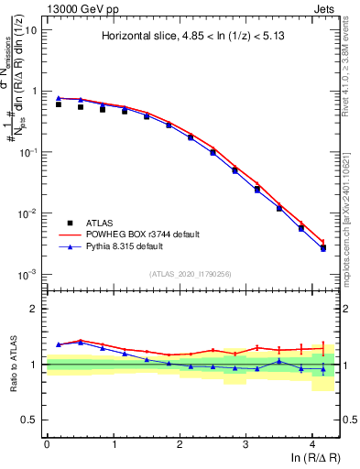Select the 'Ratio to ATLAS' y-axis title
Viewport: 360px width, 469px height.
[x=13, y=364]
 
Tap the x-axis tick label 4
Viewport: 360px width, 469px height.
[x=312, y=443]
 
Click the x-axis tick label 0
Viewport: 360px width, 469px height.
[x=47, y=443]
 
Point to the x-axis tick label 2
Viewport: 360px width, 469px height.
[x=180, y=443]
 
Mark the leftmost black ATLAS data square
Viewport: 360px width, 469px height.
[x=59, y=104]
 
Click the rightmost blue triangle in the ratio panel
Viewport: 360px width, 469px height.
[x=323, y=369]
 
